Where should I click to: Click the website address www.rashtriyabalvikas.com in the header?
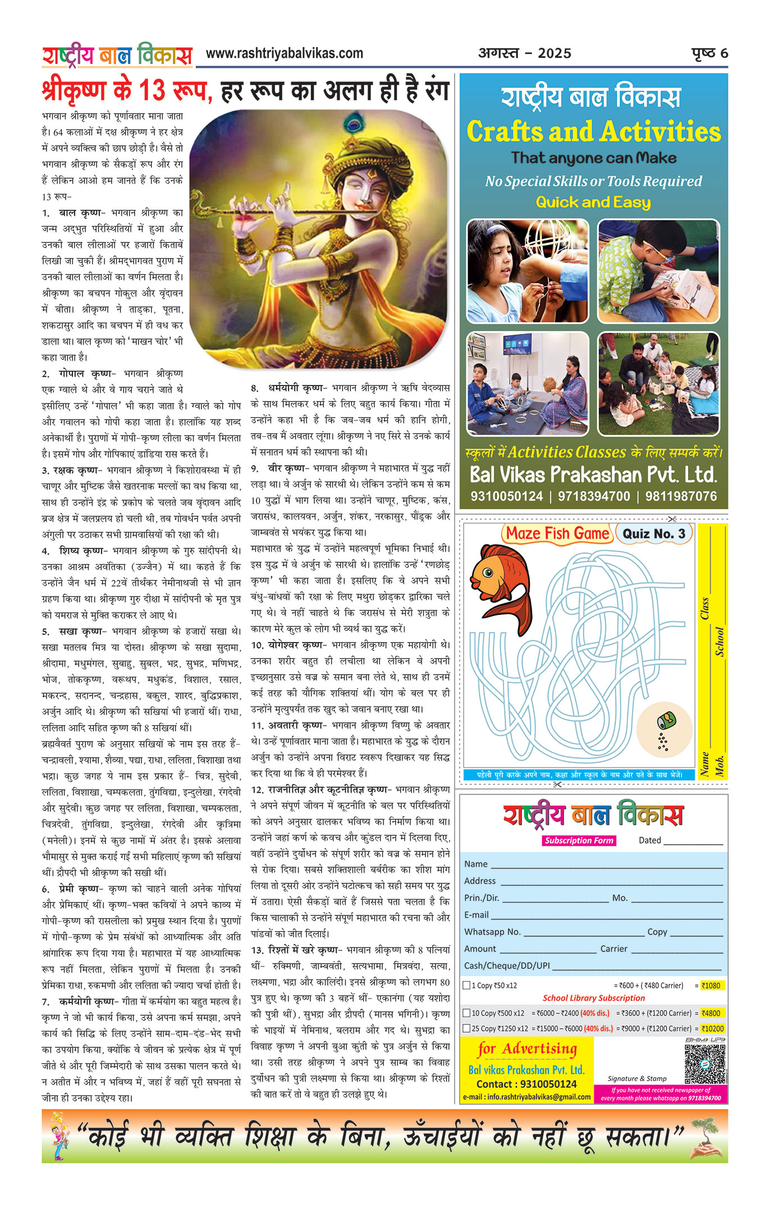[x=284, y=54]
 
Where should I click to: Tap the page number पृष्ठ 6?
[x=709, y=53]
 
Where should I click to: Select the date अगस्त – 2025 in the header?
[x=524, y=53]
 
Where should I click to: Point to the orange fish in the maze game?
[x=501, y=584]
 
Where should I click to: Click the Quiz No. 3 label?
[x=654, y=534]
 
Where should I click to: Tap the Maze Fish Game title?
[x=557, y=533]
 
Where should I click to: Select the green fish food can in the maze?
[x=666, y=720]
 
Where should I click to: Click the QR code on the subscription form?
[x=705, y=1064]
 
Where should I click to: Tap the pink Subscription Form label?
[x=579, y=840]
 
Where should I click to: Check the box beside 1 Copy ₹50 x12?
[x=466, y=985]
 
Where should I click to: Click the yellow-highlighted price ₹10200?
[x=713, y=1029]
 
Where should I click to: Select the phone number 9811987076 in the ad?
[x=681, y=497]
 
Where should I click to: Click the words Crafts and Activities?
[x=593, y=132]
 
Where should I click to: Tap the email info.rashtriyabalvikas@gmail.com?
[x=527, y=1097]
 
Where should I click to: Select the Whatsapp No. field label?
[x=492, y=932]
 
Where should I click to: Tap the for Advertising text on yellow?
[x=527, y=1048]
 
